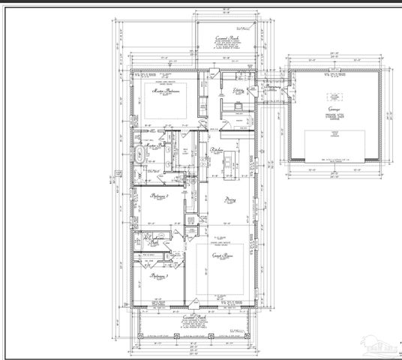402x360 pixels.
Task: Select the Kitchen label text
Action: [x=215, y=150]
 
